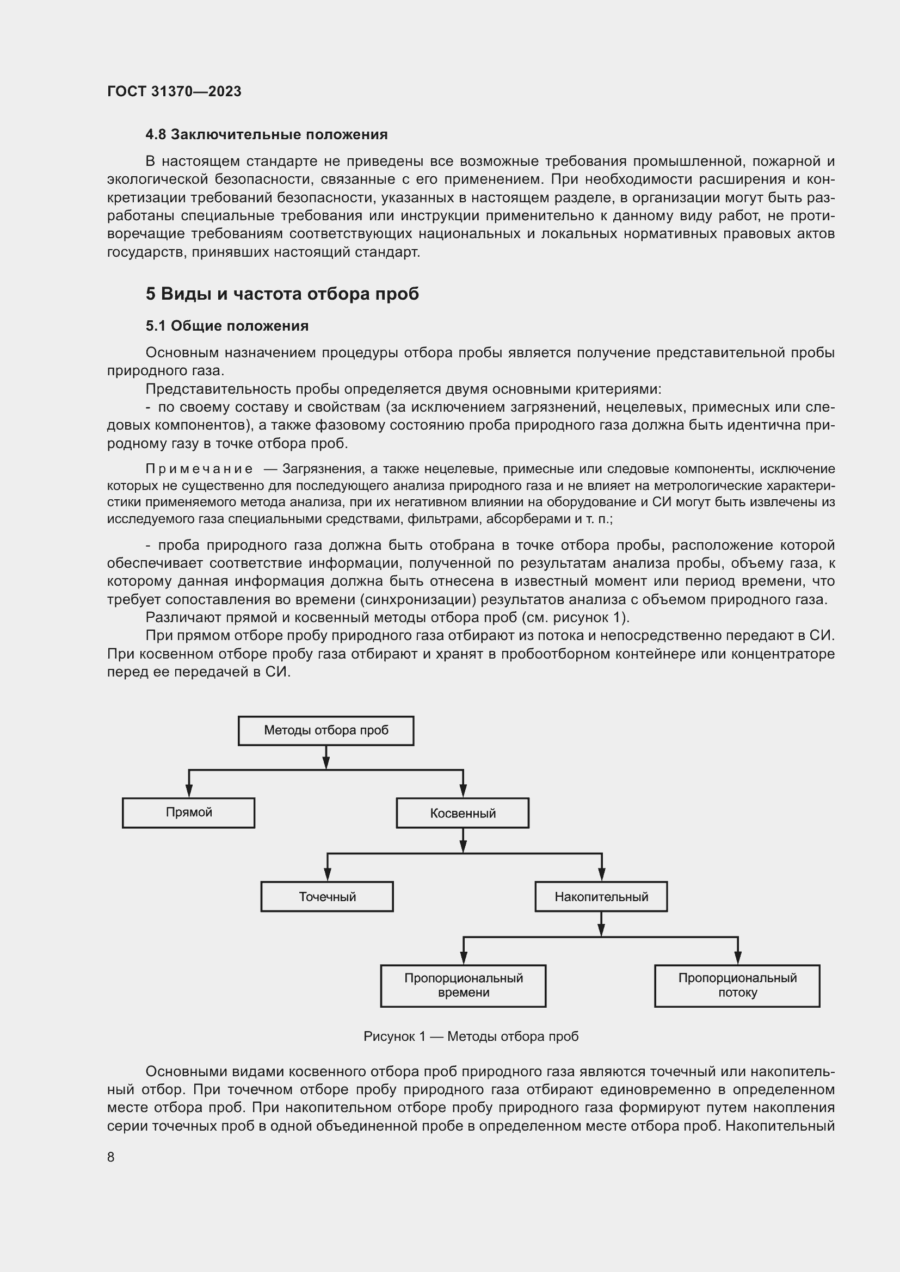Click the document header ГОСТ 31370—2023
click(x=174, y=91)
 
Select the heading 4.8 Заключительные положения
click(x=266, y=135)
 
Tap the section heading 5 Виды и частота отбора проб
click(x=282, y=294)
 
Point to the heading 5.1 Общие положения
click(x=227, y=326)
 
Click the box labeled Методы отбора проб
click(x=326, y=730)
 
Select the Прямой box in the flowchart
click(x=188, y=812)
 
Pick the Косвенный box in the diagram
click(x=462, y=813)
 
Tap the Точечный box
click(x=327, y=896)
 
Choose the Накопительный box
click(x=601, y=896)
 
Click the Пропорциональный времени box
click(x=463, y=985)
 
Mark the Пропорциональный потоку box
click(x=737, y=985)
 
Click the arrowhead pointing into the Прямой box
click(x=189, y=792)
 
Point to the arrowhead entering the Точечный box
click(x=328, y=875)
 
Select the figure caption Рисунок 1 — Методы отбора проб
click(x=471, y=1037)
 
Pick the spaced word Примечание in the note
click(x=199, y=469)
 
